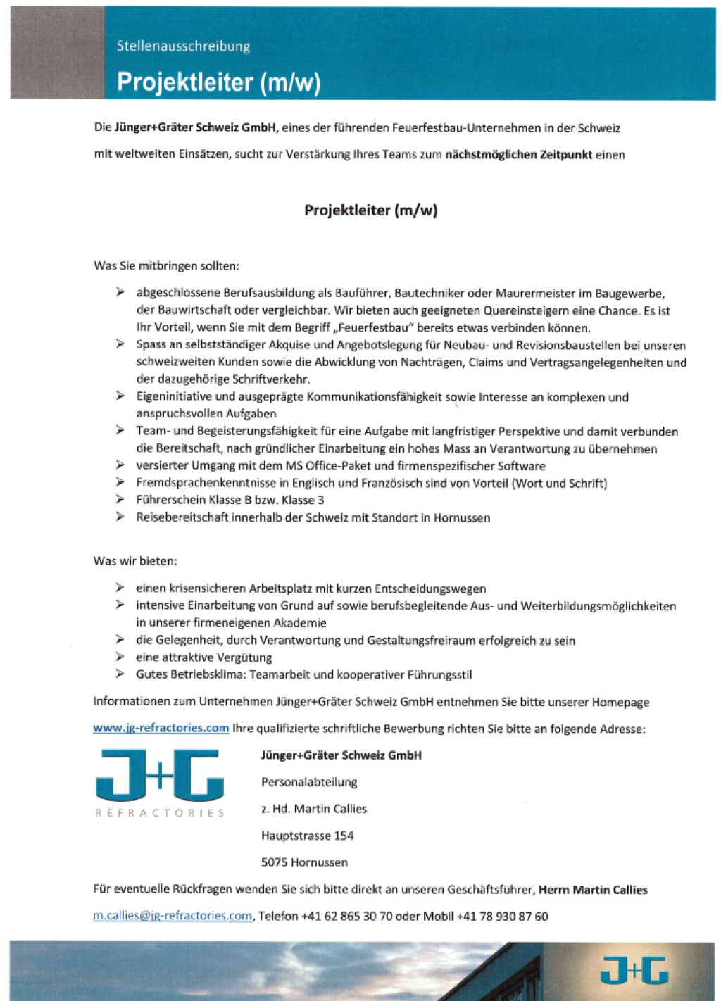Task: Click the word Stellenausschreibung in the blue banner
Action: [183, 46]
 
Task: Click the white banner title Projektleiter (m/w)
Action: [218, 82]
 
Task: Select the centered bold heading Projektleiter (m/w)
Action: [370, 210]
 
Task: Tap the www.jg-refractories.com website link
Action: [161, 728]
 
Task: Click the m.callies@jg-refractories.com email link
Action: [173, 916]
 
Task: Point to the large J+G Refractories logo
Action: [160, 781]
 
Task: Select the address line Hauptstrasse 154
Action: [307, 836]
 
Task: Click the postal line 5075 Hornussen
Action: [304, 862]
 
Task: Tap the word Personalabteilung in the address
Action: [309, 782]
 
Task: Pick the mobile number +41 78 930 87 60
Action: [502, 916]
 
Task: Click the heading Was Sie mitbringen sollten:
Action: [166, 266]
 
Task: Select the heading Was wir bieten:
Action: [135, 561]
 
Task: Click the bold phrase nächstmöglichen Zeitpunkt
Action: [518, 154]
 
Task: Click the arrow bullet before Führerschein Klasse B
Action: [120, 499]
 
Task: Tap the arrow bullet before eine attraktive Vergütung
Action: [120, 657]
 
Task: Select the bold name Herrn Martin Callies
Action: [593, 890]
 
